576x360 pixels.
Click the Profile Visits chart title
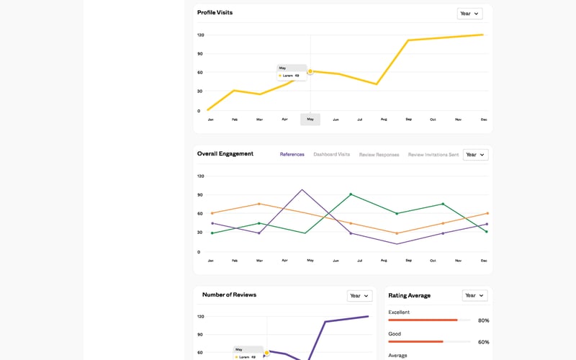click(x=215, y=13)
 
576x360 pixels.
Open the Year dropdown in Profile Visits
click(x=469, y=13)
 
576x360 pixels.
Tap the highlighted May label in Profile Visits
click(x=310, y=120)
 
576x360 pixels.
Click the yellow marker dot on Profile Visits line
click(x=310, y=71)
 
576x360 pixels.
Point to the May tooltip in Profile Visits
click(x=292, y=72)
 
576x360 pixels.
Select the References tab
click(x=292, y=154)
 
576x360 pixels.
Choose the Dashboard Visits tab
click(x=331, y=154)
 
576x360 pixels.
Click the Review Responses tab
click(x=379, y=154)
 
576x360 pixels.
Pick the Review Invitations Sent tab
click(x=433, y=154)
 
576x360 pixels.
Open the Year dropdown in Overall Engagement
click(x=475, y=154)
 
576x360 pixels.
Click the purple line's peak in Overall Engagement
click(x=302, y=190)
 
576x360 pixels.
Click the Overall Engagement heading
click(x=225, y=154)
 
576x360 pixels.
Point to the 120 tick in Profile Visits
click(x=201, y=35)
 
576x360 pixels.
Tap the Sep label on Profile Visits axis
click(x=408, y=120)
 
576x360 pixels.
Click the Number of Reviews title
click(x=229, y=294)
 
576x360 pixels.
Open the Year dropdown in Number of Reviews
click(x=359, y=295)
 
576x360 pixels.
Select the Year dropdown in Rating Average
click(x=474, y=295)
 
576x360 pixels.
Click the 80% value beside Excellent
click(x=483, y=320)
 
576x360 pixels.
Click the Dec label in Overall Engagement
click(x=484, y=261)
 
